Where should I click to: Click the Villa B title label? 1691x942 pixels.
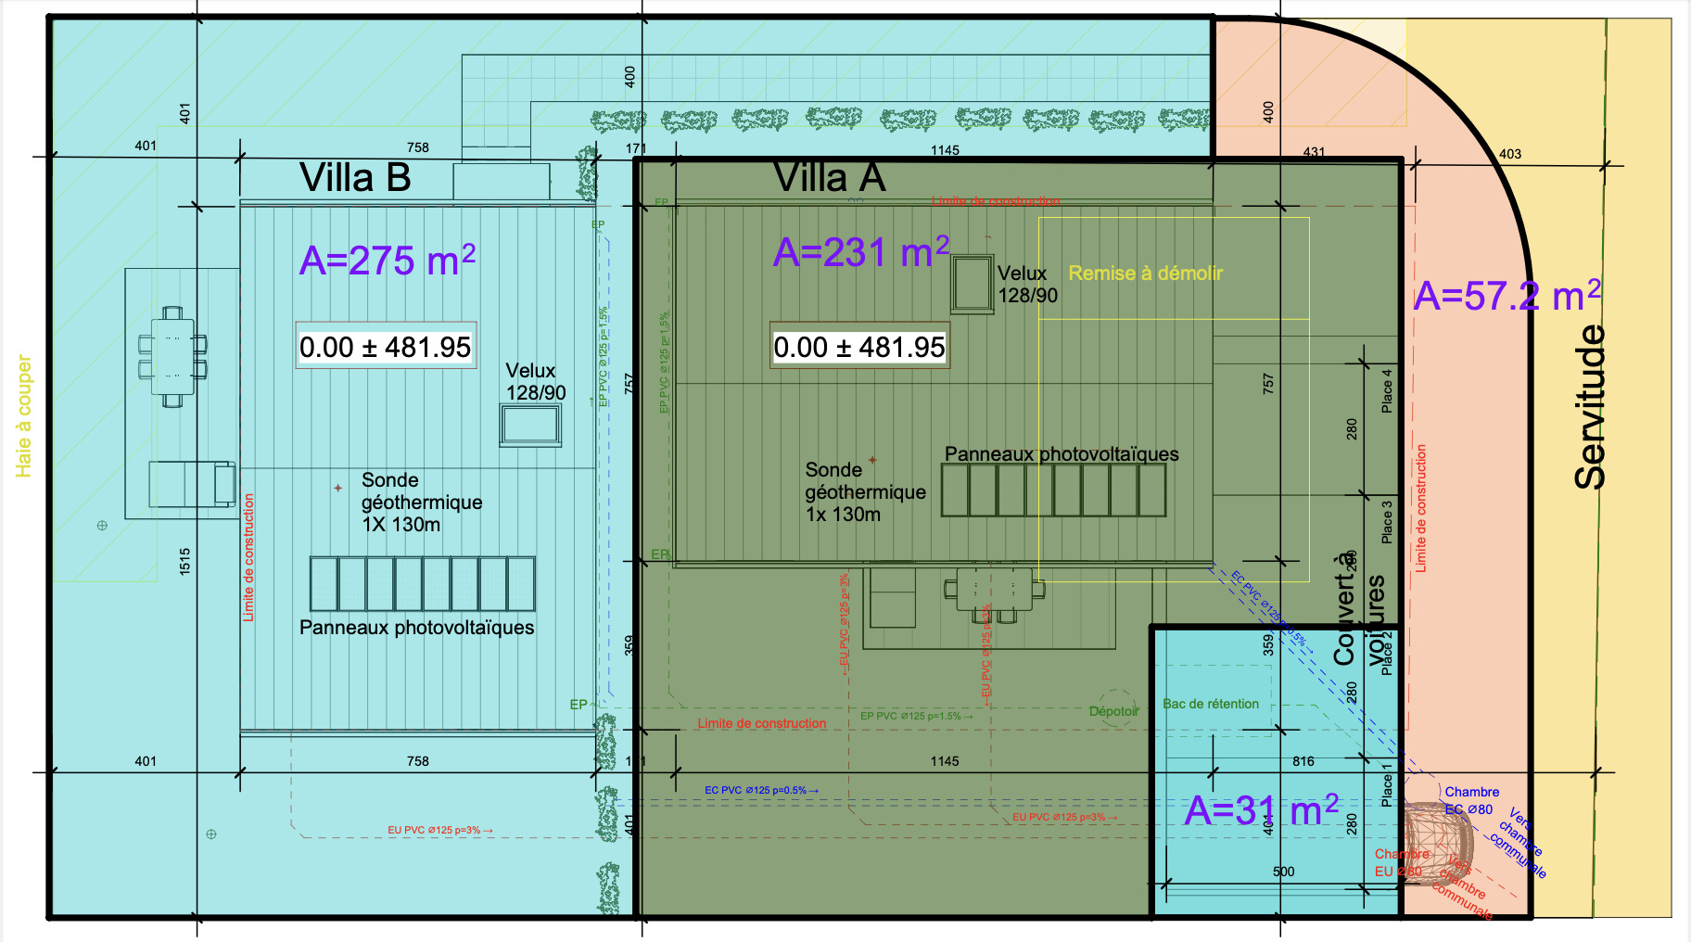(x=355, y=177)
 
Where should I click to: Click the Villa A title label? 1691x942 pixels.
(x=830, y=177)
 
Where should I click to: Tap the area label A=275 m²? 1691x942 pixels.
(x=388, y=260)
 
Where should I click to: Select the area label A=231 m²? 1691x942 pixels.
(x=861, y=251)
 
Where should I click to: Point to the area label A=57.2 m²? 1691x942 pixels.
(x=1507, y=295)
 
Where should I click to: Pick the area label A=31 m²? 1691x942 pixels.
(x=1262, y=809)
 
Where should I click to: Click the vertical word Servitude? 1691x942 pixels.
(x=1591, y=406)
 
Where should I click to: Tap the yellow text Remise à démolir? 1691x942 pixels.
(x=1145, y=274)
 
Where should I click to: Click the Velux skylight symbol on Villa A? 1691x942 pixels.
(x=972, y=284)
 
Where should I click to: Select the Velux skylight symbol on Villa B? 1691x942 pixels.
(x=530, y=426)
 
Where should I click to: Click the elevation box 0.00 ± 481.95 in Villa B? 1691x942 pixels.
(x=386, y=347)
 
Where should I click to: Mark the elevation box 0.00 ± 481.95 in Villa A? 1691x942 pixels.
(x=859, y=347)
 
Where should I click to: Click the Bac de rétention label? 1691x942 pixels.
(x=1211, y=704)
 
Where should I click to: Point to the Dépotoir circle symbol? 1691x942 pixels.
(x=1115, y=707)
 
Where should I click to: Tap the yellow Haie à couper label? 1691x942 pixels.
(x=24, y=416)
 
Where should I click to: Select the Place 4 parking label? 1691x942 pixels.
(x=1387, y=391)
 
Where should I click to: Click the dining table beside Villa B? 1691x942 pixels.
(x=172, y=357)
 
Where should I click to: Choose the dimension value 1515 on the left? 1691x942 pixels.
(x=184, y=561)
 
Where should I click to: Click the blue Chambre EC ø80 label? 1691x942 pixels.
(x=1470, y=800)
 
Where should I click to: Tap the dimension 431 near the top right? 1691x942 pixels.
(x=1314, y=152)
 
